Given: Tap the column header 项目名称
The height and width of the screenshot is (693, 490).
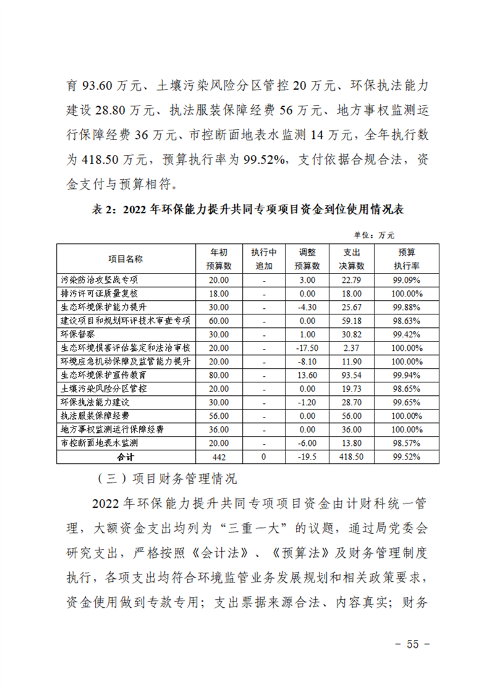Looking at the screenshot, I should pyautogui.click(x=125, y=259).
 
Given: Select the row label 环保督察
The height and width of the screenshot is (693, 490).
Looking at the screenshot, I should pyautogui.click(x=76, y=334).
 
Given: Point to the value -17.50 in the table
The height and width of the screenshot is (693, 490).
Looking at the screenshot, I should pyautogui.click(x=307, y=348).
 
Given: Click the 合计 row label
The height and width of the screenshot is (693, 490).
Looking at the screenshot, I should pyautogui.click(x=125, y=457).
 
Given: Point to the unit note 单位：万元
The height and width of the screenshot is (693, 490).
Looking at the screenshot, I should pyautogui.click(x=374, y=235).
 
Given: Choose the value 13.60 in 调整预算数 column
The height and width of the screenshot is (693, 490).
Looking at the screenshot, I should pyautogui.click(x=307, y=375).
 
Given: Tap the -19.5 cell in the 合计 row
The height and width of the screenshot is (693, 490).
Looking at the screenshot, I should pyautogui.click(x=307, y=457).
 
